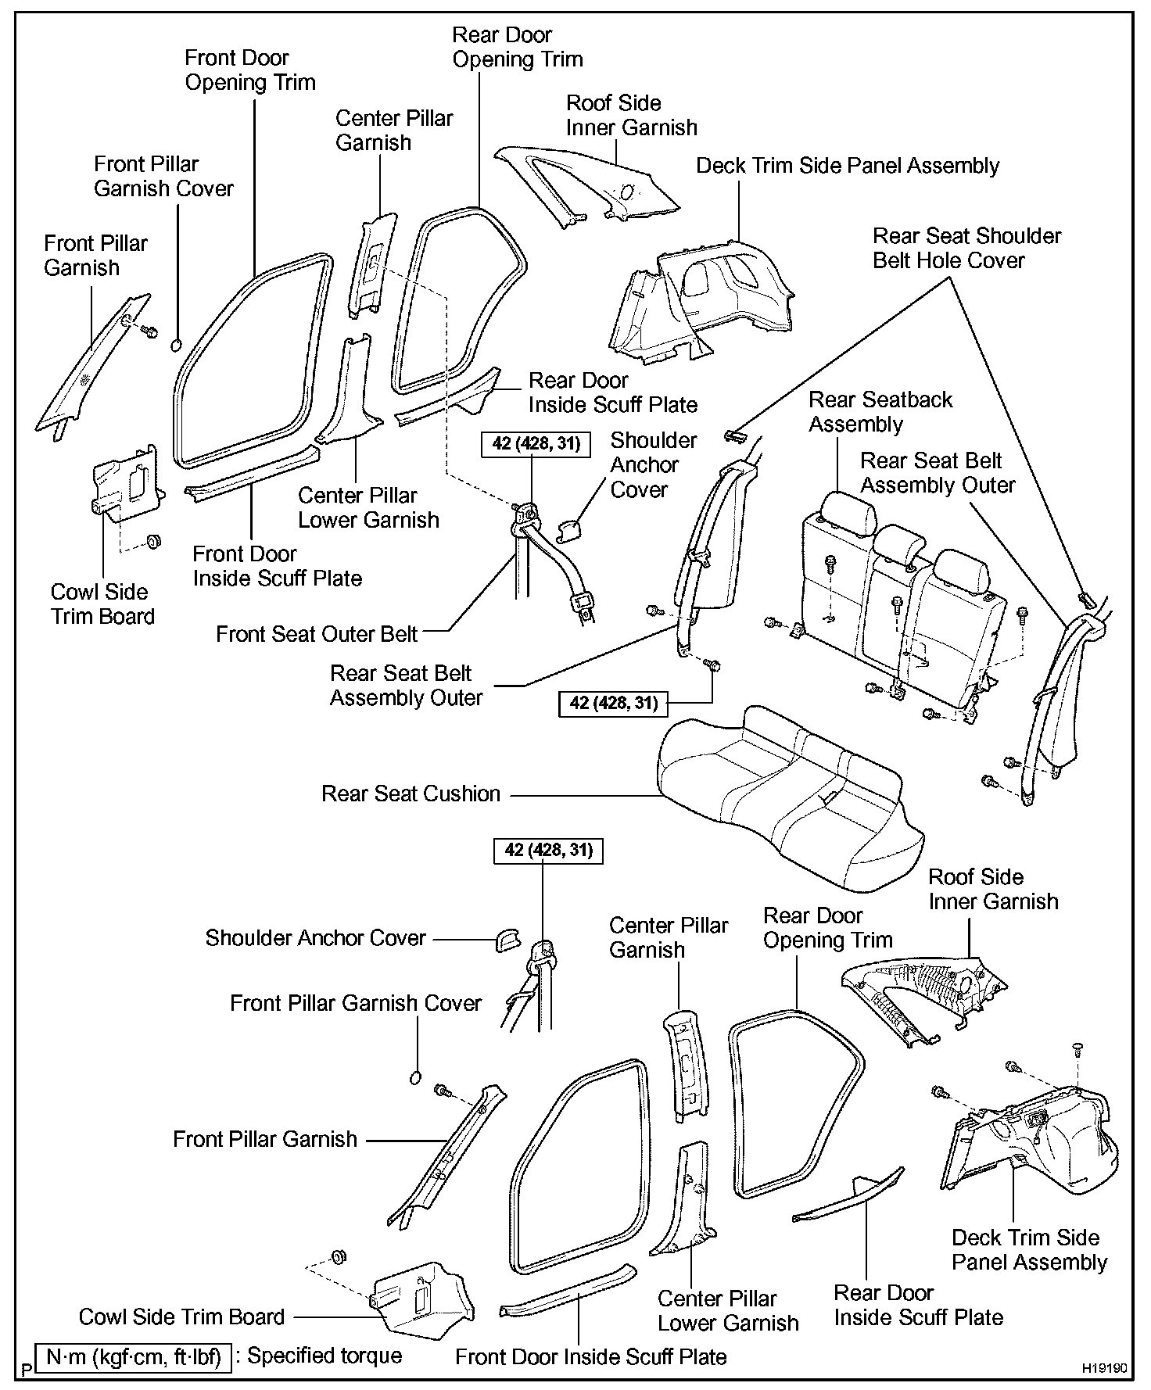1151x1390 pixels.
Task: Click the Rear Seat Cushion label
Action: pyautogui.click(x=411, y=794)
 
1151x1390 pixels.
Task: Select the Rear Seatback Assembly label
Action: pyautogui.click(x=880, y=412)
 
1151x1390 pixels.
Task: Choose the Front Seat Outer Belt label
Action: pyautogui.click(x=317, y=633)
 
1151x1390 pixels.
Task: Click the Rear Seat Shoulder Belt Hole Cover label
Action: pyautogui.click(x=966, y=248)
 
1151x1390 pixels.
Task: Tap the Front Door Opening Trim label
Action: pyautogui.click(x=250, y=70)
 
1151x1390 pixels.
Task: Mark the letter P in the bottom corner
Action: pyautogui.click(x=27, y=1370)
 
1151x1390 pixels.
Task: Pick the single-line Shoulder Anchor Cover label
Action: pyautogui.click(x=315, y=937)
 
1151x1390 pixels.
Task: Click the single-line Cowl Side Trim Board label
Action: pyautogui.click(x=181, y=1317)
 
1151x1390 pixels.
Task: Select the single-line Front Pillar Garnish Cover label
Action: pyautogui.click(x=356, y=1003)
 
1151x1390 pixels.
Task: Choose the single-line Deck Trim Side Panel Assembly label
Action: pyautogui.click(x=848, y=166)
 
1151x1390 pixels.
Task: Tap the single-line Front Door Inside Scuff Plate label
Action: pyautogui.click(x=591, y=1356)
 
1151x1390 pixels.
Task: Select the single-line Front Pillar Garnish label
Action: pyautogui.click(x=265, y=1139)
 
